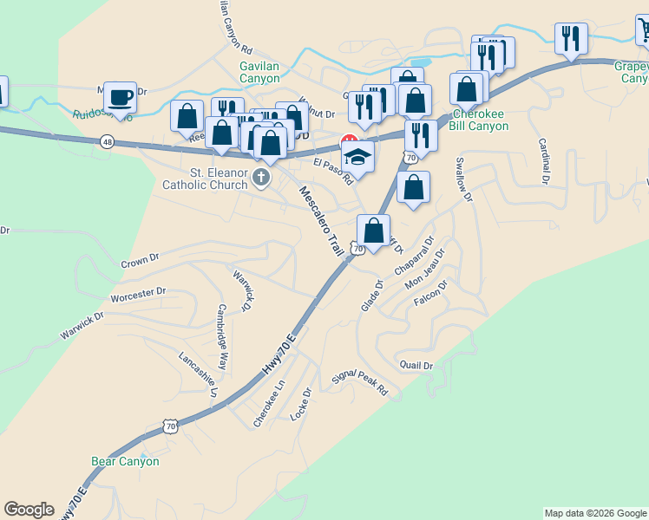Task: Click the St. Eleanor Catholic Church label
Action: click(x=205, y=178)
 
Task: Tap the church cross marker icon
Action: click(x=260, y=178)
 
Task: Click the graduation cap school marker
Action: click(x=356, y=158)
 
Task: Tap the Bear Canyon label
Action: click(x=126, y=461)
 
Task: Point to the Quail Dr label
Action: click(x=416, y=366)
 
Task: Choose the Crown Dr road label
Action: click(x=141, y=260)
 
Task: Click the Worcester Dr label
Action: click(x=138, y=294)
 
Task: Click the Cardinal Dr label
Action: click(x=544, y=162)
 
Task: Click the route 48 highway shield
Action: click(x=107, y=141)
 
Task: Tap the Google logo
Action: click(x=29, y=510)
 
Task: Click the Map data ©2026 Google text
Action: click(x=594, y=513)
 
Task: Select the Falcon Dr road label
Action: click(x=431, y=294)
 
